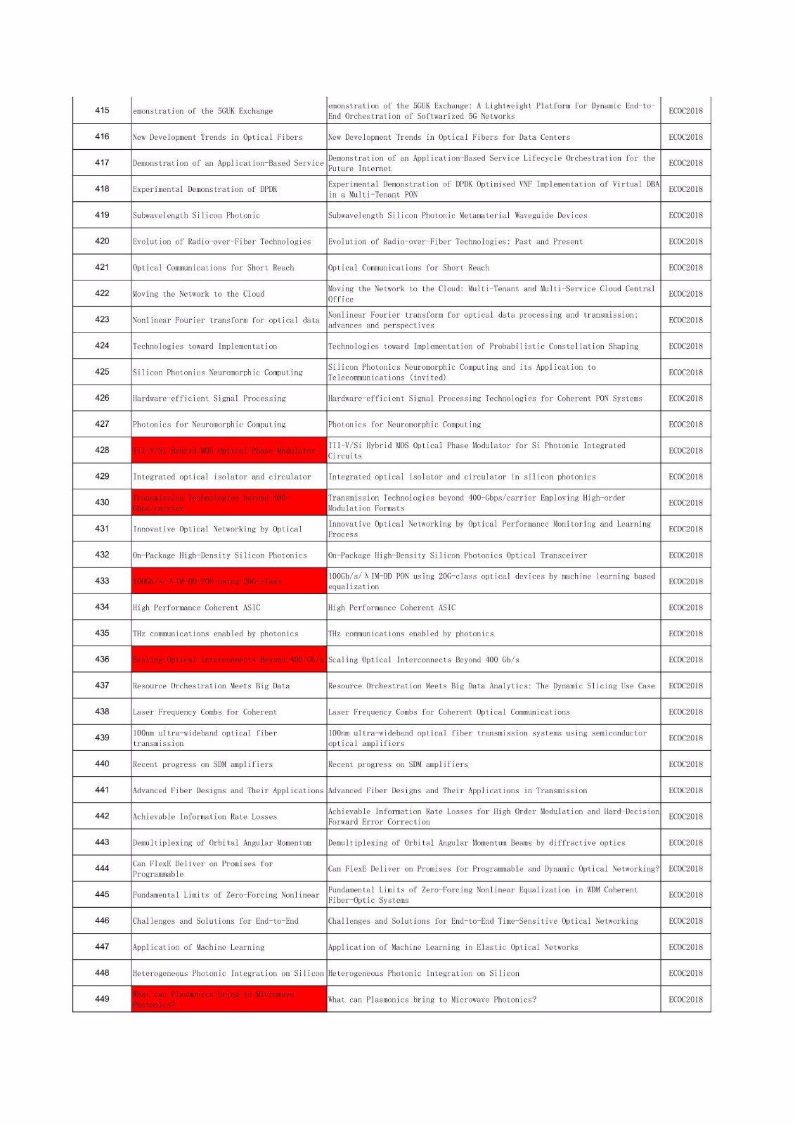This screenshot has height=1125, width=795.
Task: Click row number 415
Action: (x=102, y=110)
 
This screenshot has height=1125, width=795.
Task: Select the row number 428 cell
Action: (x=102, y=450)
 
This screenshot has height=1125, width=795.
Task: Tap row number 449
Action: (x=102, y=998)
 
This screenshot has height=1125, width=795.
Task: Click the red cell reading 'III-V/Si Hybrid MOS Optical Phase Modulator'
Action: (x=228, y=450)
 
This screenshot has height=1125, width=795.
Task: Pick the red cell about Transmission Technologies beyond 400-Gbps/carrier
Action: (x=228, y=503)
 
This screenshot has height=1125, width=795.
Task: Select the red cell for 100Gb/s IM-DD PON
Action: (x=228, y=581)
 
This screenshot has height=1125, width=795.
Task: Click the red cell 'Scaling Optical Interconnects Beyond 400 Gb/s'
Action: (x=228, y=660)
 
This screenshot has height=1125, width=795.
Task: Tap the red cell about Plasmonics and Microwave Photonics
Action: (x=228, y=999)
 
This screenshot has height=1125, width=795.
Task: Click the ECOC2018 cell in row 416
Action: (x=685, y=137)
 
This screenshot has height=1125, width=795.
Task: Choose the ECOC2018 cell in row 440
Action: (x=685, y=764)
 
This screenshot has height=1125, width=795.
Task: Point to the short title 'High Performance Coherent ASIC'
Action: (x=197, y=607)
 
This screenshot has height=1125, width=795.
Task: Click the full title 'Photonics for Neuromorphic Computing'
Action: (x=405, y=425)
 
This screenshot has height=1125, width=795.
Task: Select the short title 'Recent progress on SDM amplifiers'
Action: (x=203, y=764)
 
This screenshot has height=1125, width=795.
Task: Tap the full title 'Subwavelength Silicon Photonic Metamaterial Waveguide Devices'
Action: (x=458, y=216)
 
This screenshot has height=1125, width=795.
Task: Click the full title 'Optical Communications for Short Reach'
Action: (x=409, y=268)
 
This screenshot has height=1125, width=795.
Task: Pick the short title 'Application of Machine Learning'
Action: (x=199, y=947)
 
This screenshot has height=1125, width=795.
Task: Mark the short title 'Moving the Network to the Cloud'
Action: (x=199, y=294)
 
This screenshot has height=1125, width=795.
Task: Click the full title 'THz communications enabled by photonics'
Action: (x=411, y=634)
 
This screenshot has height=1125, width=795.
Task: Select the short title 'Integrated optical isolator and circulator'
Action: (x=222, y=477)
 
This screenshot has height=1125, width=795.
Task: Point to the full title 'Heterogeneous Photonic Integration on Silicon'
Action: (x=424, y=973)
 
